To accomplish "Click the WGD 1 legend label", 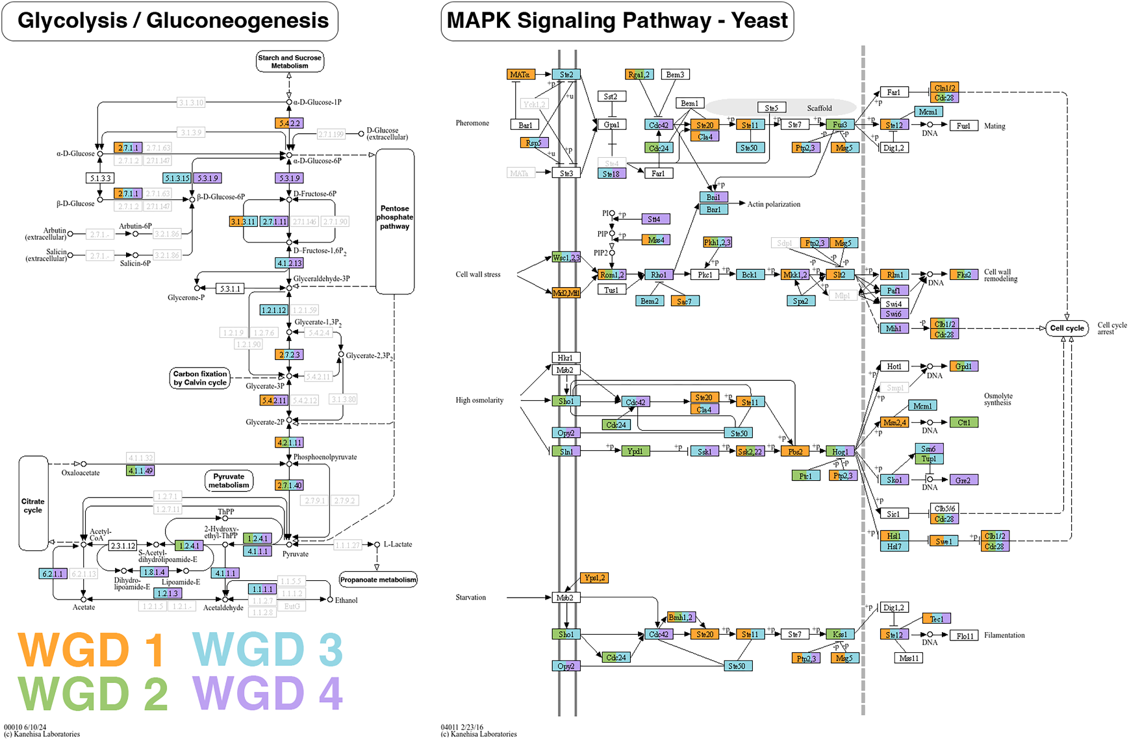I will [x=90, y=649].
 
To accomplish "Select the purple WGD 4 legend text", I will [x=267, y=693].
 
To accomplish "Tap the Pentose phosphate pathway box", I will [x=395, y=218].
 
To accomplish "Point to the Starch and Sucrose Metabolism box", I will [x=289, y=62].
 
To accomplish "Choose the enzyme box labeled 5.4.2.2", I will [x=289, y=123].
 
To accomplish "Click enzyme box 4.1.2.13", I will [x=289, y=263].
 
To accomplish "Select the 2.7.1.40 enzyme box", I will [x=289, y=485].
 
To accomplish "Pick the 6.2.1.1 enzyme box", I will [x=53, y=574].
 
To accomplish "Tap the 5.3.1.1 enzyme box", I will [x=230, y=288].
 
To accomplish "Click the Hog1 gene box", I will [x=840, y=452].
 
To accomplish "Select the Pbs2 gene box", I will [x=794, y=452].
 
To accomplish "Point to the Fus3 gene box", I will [x=840, y=125].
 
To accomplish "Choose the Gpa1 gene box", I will [x=611, y=125].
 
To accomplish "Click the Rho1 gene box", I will [x=659, y=275].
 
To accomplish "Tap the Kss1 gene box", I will [x=840, y=634].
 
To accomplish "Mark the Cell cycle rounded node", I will [x=1067, y=328].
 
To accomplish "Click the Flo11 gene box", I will [x=965, y=635].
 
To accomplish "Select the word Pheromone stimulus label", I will [x=472, y=123].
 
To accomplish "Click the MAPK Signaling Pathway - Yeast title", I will [x=617, y=21].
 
